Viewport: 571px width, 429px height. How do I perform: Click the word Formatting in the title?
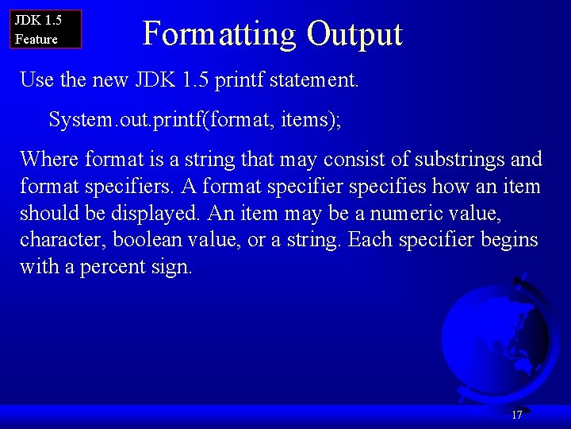(x=219, y=34)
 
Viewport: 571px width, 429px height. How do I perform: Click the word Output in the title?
(x=354, y=34)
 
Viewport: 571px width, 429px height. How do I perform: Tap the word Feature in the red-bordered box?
(x=36, y=39)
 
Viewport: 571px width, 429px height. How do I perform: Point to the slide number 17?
(x=517, y=415)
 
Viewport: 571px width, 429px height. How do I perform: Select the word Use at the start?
(x=36, y=79)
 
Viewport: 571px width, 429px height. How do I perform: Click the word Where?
(x=49, y=160)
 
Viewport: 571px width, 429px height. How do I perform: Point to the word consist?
(x=362, y=160)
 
